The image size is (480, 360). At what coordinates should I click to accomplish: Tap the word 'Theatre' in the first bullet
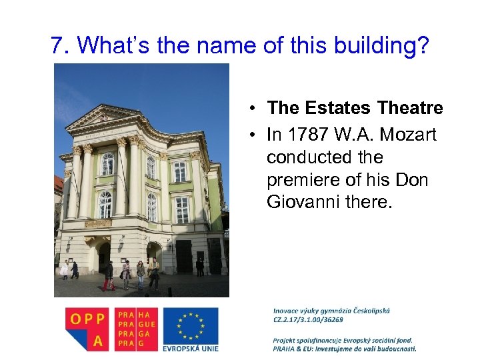(411, 107)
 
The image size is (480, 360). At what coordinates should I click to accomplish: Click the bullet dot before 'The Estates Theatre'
(255, 109)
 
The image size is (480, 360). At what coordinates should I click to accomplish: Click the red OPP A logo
(87, 328)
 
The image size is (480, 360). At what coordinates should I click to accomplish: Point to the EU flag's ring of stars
(190, 325)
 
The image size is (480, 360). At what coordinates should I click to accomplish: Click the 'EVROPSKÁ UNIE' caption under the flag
(190, 347)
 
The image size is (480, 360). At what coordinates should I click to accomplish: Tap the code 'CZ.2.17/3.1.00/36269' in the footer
(309, 319)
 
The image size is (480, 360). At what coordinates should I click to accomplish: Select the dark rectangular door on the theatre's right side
(184, 257)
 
